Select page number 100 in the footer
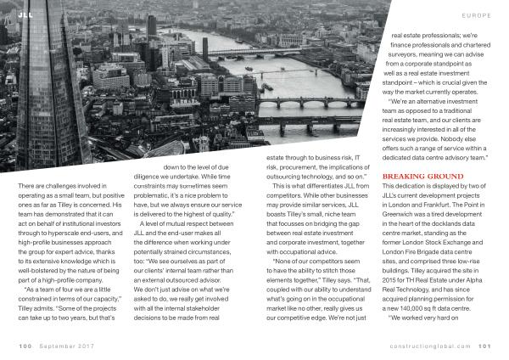click(24, 346)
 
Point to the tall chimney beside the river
click(204, 48)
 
